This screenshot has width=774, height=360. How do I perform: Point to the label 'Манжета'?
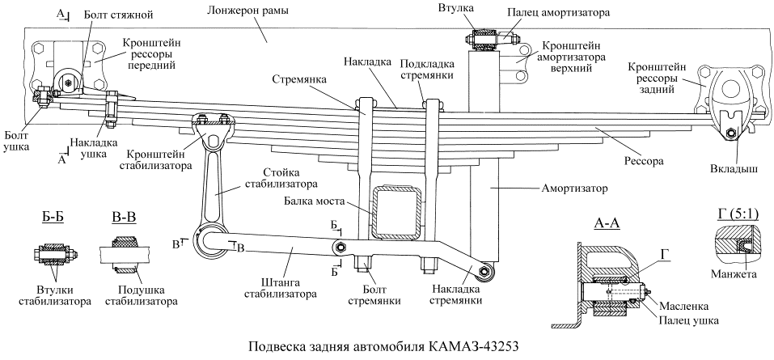(732, 275)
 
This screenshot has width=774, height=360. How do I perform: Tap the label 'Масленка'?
(686, 307)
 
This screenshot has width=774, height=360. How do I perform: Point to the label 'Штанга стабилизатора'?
(279, 288)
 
